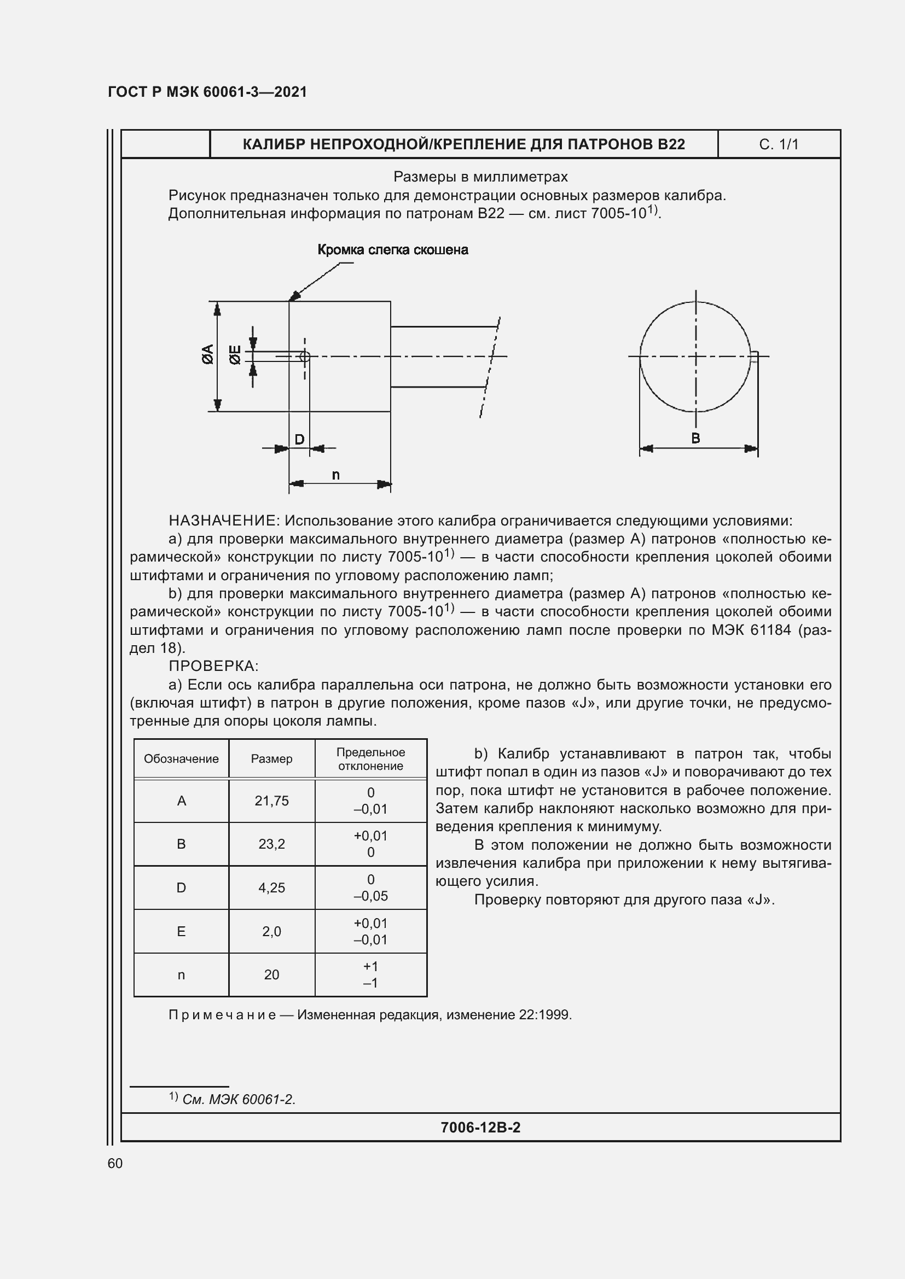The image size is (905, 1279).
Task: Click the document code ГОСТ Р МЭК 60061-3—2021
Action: (207, 92)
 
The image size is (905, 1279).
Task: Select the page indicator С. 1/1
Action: (778, 144)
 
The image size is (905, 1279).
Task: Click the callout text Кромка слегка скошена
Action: (392, 250)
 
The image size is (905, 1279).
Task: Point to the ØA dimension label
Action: (208, 354)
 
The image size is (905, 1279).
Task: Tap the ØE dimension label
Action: (236, 355)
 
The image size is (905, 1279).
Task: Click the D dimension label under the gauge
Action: (299, 440)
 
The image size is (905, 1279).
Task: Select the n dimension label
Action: (335, 475)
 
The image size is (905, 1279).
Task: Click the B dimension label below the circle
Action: (695, 439)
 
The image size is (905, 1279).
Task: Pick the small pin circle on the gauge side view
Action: (304, 357)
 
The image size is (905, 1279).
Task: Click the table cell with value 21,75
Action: (271, 801)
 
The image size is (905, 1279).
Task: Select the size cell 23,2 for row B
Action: (271, 844)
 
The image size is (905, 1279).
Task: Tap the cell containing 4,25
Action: (271, 887)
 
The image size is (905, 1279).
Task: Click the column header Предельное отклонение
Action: (370, 759)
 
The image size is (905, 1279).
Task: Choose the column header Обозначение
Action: (181, 759)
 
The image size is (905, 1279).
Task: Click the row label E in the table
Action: (181, 931)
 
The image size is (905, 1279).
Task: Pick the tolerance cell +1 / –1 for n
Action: (370, 974)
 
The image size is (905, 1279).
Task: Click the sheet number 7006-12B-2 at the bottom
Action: (480, 1128)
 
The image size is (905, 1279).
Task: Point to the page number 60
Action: (115, 1163)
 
